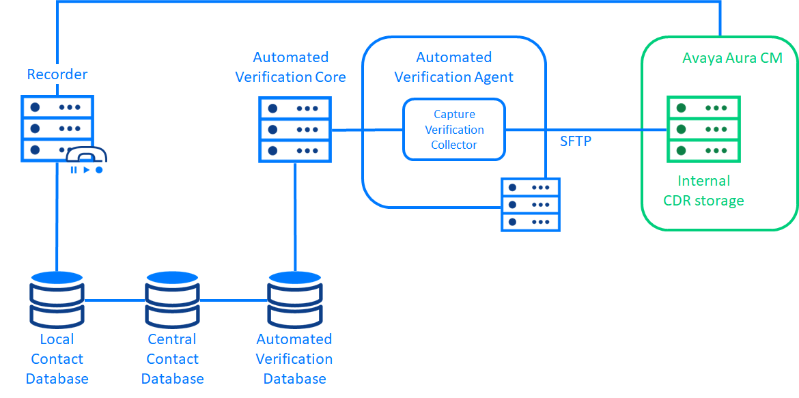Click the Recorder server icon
[57, 128]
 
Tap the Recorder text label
[57, 74]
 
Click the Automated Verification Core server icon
[294, 129]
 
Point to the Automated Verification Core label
[290, 67]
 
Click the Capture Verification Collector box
[453, 129]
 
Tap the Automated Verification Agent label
[453, 67]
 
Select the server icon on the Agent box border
[531, 204]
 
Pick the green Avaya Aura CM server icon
[703, 129]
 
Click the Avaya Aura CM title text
[732, 58]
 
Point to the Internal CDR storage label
[703, 190]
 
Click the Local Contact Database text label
[57, 358]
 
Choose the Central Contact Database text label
[172, 358]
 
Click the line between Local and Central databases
[114, 300]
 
